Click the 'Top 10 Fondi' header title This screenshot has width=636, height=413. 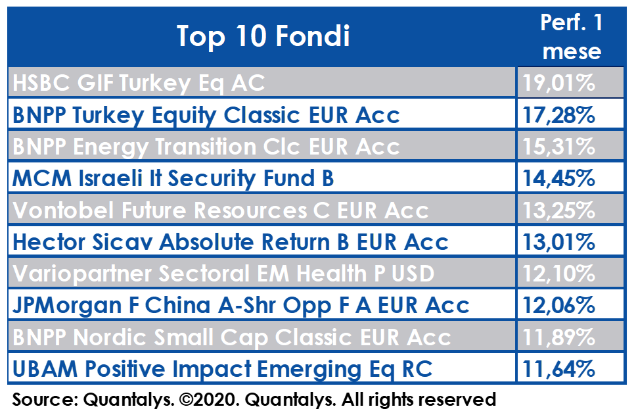[x=263, y=37]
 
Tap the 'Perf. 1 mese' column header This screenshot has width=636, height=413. [x=572, y=37]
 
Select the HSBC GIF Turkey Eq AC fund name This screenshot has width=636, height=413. [x=139, y=84]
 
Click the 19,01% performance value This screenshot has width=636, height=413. [x=559, y=83]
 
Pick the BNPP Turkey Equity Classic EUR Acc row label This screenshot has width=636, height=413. [x=206, y=115]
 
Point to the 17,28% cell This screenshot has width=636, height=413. [x=559, y=115]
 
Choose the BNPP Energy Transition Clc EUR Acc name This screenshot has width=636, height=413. [x=206, y=147]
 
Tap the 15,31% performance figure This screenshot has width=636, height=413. [x=559, y=147]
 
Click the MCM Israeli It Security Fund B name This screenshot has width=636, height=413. [x=173, y=179]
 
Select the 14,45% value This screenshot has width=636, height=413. [x=559, y=178]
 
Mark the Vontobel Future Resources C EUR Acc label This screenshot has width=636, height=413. [x=221, y=210]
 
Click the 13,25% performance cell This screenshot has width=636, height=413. [x=559, y=210]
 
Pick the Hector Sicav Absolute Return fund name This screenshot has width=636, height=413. [x=231, y=242]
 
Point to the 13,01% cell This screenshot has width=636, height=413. [x=559, y=242]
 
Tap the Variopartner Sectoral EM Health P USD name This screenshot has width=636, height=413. [x=223, y=274]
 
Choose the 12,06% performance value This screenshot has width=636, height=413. [x=559, y=305]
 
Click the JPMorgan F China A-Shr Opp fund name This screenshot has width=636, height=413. [x=241, y=306]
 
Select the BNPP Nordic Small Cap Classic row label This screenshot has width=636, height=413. [x=232, y=337]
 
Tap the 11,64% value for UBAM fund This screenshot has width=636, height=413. [x=559, y=369]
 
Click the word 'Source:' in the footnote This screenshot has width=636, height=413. [x=45, y=400]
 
